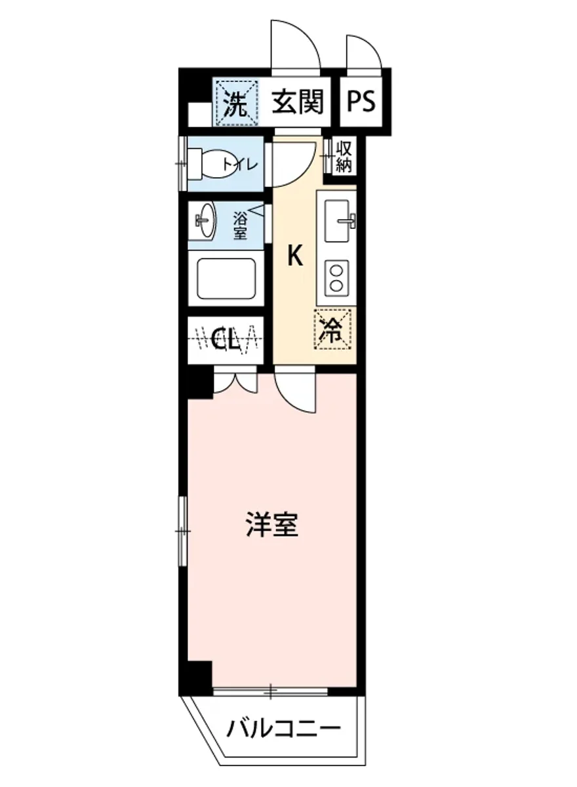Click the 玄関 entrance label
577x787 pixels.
[x=298, y=102]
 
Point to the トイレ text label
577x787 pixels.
[x=241, y=164]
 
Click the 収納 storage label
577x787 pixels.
[x=344, y=157]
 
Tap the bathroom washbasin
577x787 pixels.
[x=205, y=222]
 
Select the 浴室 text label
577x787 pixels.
[x=241, y=223]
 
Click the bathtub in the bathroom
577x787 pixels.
[x=226, y=279]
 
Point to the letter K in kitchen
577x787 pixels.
[x=296, y=256]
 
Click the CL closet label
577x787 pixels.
[x=226, y=340]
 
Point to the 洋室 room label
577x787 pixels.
[x=272, y=525]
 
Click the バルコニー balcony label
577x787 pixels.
[x=283, y=729]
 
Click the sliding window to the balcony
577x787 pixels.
[x=270, y=690]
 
